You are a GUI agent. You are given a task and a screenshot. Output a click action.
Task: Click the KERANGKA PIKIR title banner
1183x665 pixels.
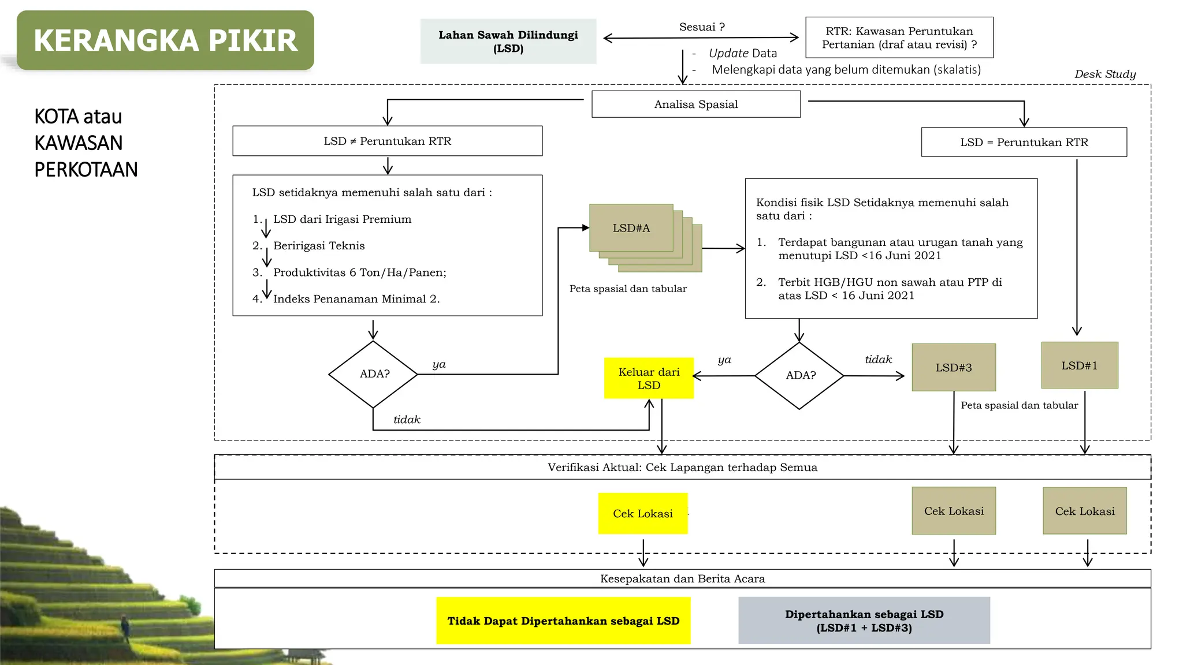click(x=165, y=40)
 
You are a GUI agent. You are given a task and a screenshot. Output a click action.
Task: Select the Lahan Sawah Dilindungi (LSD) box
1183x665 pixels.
click(x=508, y=42)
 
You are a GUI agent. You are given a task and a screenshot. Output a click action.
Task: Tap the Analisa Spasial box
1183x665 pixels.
click(x=696, y=104)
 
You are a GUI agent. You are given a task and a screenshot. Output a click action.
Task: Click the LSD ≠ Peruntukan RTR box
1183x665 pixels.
click(x=387, y=141)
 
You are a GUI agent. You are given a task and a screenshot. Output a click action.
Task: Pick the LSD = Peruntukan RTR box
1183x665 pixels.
click(x=1024, y=143)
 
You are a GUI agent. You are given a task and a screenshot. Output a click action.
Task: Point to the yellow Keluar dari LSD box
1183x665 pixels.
click(x=649, y=379)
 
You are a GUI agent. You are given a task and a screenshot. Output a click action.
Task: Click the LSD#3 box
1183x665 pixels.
click(x=954, y=368)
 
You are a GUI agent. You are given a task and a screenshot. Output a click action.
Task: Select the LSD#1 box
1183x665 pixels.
click(x=1079, y=365)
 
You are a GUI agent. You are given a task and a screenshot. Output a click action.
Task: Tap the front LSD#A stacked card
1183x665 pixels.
click(x=631, y=228)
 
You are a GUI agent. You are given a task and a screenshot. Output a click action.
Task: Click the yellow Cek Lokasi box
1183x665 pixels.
click(x=643, y=514)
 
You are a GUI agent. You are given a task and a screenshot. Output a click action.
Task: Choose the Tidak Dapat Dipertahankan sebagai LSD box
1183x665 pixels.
click(x=563, y=621)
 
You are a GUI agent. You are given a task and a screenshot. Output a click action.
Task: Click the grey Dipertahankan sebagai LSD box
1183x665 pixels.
click(x=864, y=621)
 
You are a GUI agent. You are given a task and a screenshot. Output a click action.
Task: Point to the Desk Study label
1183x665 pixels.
click(x=1104, y=74)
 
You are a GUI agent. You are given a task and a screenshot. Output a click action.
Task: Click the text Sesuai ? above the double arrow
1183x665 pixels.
click(x=702, y=27)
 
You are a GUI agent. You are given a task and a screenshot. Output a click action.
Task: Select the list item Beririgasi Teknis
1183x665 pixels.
click(x=319, y=246)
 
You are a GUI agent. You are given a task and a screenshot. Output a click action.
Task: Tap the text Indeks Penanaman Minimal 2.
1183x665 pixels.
click(x=356, y=299)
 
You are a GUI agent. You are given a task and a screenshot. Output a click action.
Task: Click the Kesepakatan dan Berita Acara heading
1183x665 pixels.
click(x=682, y=579)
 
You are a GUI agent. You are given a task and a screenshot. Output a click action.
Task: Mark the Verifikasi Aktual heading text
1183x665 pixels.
click(x=682, y=468)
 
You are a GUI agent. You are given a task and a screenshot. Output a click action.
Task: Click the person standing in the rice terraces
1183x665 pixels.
click(x=124, y=627)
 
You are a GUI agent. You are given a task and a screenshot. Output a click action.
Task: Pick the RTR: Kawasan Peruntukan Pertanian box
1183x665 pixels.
click(x=899, y=38)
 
